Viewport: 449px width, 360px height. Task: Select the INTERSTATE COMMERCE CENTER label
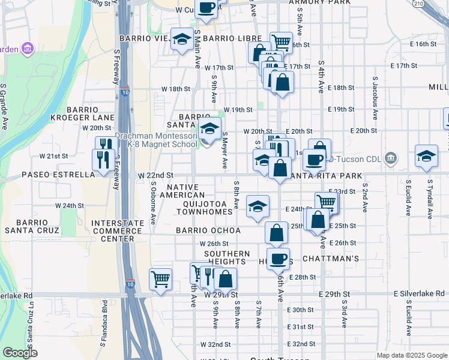tap(118, 231)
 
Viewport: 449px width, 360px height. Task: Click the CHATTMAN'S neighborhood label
tap(330, 259)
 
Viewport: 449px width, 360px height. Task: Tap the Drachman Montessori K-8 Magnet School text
tap(156, 140)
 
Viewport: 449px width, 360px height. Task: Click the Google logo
tap(20, 353)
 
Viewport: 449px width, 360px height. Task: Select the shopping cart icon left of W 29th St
tap(160, 279)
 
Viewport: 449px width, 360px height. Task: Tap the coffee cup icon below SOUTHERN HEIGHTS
tap(277, 259)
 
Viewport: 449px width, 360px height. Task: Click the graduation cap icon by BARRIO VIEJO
tap(182, 40)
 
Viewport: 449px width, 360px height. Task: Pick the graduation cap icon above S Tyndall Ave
tap(426, 157)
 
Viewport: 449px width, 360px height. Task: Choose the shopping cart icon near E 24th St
tap(326, 202)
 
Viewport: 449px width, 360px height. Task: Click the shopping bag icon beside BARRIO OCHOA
tap(276, 232)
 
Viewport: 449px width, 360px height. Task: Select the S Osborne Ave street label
tap(153, 203)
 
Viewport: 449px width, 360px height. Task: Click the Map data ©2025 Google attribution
tap(411, 355)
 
